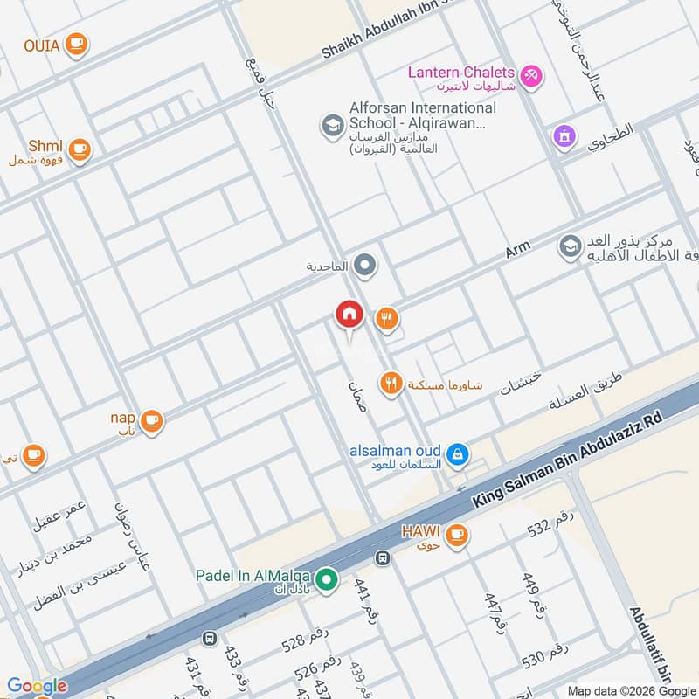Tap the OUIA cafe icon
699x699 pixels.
click(77, 43)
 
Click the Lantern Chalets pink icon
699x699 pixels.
click(531, 77)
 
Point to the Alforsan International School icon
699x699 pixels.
click(332, 127)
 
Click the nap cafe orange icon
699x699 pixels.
click(152, 421)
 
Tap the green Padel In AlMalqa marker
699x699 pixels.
click(327, 578)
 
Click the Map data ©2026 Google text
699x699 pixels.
click(628, 689)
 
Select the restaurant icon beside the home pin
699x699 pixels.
click(387, 320)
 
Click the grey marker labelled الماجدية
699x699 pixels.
click(365, 265)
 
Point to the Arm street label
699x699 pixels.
click(518, 252)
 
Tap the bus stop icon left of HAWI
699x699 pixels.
click(382, 557)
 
